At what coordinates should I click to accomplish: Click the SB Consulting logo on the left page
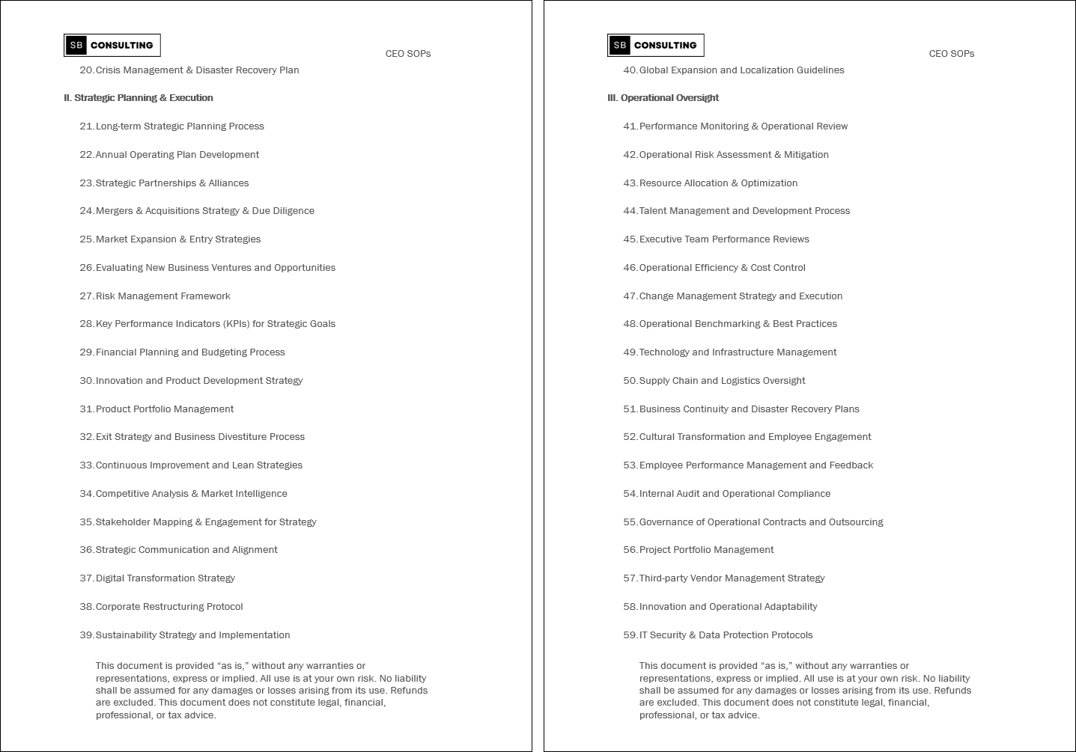pyautogui.click(x=112, y=45)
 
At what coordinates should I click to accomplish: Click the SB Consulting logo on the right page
pyautogui.click(x=655, y=45)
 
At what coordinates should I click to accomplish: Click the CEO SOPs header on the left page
pyautogui.click(x=407, y=53)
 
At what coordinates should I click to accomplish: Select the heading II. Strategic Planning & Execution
pyautogui.click(x=139, y=97)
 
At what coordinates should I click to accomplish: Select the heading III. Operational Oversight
pyautogui.click(x=663, y=97)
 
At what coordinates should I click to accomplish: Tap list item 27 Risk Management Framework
pyautogui.click(x=162, y=296)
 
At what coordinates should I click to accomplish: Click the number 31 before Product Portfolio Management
pyautogui.click(x=86, y=409)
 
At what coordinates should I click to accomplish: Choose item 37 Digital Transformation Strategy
pyautogui.click(x=165, y=578)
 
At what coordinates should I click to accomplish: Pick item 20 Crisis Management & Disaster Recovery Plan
pyautogui.click(x=197, y=70)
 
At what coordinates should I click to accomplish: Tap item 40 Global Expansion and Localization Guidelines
pyautogui.click(x=741, y=70)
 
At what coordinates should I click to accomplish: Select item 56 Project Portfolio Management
pyautogui.click(x=706, y=549)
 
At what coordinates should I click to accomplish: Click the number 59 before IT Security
pyautogui.click(x=630, y=635)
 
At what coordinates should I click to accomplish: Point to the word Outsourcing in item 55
pyautogui.click(x=855, y=522)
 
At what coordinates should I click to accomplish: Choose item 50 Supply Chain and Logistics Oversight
pyautogui.click(x=722, y=380)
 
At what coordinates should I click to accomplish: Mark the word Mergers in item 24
pyautogui.click(x=114, y=210)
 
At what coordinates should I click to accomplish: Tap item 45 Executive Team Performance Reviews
pyautogui.click(x=723, y=239)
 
